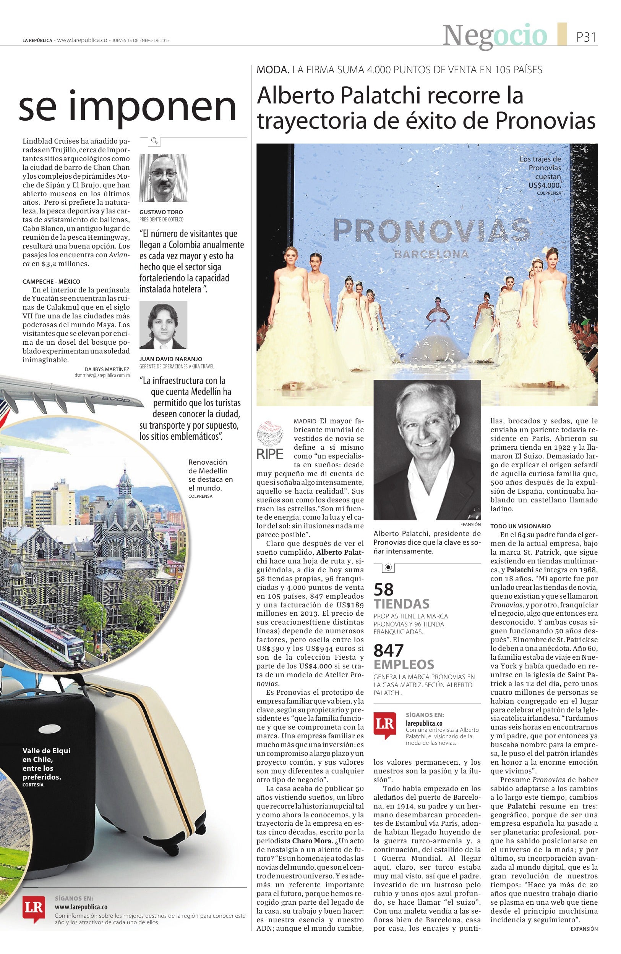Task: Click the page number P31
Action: (586, 37)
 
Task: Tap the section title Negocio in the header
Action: (495, 36)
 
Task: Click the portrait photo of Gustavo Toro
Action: (163, 178)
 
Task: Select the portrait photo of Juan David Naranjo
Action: (163, 324)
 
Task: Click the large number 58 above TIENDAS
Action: (384, 589)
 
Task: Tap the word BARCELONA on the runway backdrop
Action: (431, 253)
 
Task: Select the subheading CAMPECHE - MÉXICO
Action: (51, 281)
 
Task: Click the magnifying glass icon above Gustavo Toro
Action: (154, 141)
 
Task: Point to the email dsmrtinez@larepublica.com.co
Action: (102, 376)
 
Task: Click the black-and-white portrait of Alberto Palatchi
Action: (427, 450)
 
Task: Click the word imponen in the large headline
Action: (153, 107)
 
